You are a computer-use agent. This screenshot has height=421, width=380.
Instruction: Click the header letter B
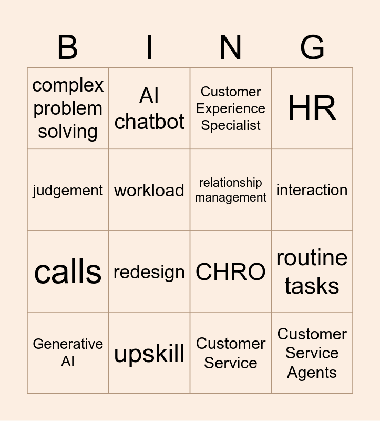click(68, 47)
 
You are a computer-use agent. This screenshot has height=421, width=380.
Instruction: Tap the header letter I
click(149, 47)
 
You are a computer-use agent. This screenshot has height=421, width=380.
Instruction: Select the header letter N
click(231, 47)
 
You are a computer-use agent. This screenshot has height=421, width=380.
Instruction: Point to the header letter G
click(312, 47)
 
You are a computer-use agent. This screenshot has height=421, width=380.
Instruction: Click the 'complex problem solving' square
click(68, 108)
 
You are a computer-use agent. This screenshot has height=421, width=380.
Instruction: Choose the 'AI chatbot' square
click(149, 108)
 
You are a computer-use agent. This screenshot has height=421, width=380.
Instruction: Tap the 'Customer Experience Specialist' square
click(231, 108)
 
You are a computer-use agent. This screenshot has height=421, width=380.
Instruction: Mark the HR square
click(312, 108)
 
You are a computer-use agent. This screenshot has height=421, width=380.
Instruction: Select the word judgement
click(68, 191)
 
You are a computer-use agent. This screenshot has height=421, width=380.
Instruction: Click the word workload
click(149, 191)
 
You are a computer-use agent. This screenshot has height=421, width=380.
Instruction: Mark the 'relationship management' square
click(231, 190)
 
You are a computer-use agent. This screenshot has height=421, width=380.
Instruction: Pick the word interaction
click(312, 190)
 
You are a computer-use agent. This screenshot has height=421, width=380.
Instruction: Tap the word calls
click(68, 272)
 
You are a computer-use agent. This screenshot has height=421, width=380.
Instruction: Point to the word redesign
click(149, 273)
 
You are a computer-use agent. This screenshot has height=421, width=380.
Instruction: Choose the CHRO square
click(231, 272)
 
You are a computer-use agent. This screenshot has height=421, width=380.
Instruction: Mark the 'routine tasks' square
click(312, 272)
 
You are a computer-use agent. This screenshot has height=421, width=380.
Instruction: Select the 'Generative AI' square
click(68, 353)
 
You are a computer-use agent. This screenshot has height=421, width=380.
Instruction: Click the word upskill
click(149, 354)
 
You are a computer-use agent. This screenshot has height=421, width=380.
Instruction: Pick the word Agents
click(312, 373)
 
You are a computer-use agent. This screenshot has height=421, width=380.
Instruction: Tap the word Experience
click(231, 109)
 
